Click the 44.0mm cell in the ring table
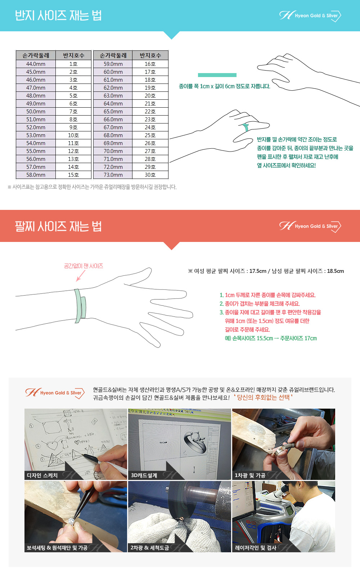[x=36, y=64]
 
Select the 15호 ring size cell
[x=73, y=175]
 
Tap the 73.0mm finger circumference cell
[x=113, y=175]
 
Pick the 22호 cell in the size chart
[x=150, y=112]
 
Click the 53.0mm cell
[x=36, y=135]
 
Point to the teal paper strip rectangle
[x=217, y=75]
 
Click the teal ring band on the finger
[x=245, y=127]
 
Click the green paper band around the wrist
[x=80, y=306]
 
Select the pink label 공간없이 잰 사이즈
[x=84, y=266]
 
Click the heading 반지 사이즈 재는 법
[x=58, y=15]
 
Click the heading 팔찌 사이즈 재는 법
[x=58, y=226]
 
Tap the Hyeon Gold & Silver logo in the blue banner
[x=310, y=16]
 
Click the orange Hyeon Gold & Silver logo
[x=55, y=393]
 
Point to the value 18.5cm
[x=336, y=271]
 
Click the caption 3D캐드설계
[x=144, y=475]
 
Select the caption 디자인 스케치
[x=42, y=475]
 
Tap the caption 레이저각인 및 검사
[x=256, y=548]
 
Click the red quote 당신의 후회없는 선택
[x=263, y=397]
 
